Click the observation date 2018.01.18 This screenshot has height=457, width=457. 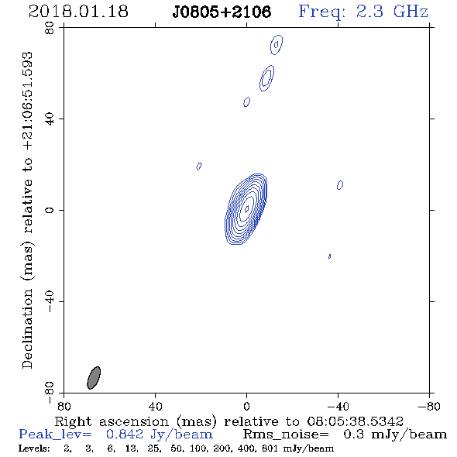(78, 12)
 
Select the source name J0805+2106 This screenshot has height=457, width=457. (222, 12)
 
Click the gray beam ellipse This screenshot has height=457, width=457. (94, 378)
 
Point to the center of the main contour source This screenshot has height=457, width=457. (246, 209)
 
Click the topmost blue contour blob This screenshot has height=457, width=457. (277, 45)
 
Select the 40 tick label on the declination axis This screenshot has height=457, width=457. (50, 119)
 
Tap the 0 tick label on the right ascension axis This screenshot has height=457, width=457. (246, 407)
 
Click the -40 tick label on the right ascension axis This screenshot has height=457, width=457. (338, 407)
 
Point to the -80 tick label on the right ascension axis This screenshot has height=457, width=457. (429, 407)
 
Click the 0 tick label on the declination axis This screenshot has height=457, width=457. (50, 210)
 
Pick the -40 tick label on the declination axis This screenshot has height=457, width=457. (50, 301)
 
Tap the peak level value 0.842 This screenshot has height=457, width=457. (125, 435)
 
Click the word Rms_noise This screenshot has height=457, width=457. (286, 435)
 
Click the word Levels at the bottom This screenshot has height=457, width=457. (34, 448)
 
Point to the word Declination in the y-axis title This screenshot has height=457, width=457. (27, 328)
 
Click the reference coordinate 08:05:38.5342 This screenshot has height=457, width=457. (355, 421)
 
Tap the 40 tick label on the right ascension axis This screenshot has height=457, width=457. (155, 407)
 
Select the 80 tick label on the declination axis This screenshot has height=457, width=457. (50, 28)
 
